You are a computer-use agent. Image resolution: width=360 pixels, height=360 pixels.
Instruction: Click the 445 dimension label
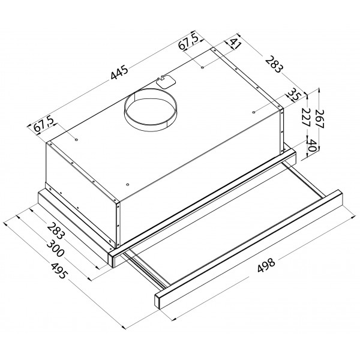(119, 72)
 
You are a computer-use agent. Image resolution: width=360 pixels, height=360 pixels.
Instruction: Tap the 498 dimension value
(266, 265)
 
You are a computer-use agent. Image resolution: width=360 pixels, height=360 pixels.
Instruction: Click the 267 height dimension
(320, 119)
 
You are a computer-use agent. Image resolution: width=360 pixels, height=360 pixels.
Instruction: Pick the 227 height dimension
(307, 117)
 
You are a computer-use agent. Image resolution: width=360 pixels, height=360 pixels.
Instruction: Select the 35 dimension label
(293, 94)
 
